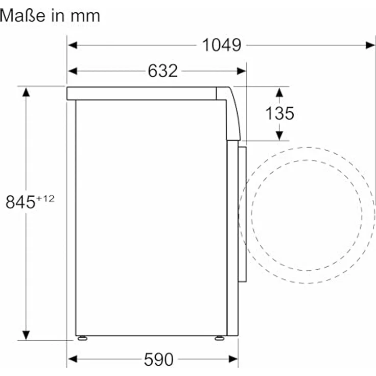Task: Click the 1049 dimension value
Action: [x=222, y=45]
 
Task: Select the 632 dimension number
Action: [x=163, y=71]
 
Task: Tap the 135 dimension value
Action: [x=279, y=113]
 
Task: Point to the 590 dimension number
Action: [x=158, y=359]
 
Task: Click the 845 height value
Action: [x=20, y=202]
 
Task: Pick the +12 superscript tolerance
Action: [x=45, y=199]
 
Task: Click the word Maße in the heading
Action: [x=22, y=16]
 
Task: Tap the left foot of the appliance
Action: [x=82, y=338]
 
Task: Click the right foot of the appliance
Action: [x=219, y=338]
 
